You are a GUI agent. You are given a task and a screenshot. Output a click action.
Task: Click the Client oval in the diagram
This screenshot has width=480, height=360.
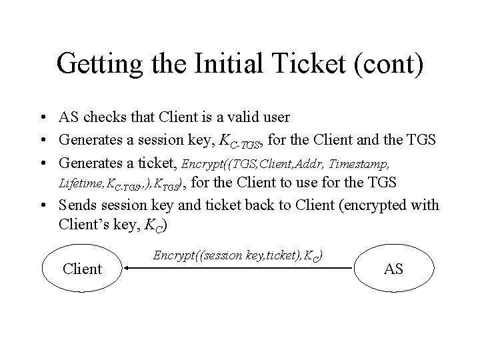[x=81, y=269]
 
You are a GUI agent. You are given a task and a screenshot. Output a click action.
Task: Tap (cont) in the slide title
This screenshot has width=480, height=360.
[x=392, y=65]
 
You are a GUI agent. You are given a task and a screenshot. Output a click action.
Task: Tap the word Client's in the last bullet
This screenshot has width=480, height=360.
[x=85, y=224]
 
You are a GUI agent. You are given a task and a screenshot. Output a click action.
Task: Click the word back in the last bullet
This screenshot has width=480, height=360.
[x=256, y=204]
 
